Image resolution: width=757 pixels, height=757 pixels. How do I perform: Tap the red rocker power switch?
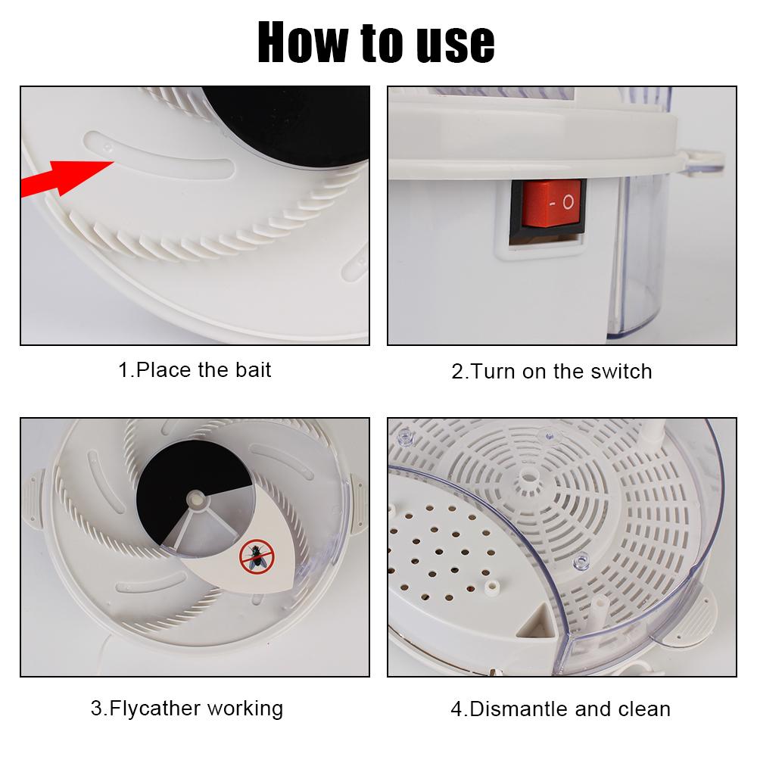click(x=551, y=203)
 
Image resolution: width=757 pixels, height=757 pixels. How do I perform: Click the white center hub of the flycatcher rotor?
click(x=197, y=499)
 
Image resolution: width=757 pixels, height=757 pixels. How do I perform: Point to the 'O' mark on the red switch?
click(x=569, y=203)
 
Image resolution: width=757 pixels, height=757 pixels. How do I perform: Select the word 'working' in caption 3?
click(x=245, y=709)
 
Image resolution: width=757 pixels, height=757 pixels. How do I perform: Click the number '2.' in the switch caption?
click(x=460, y=372)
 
